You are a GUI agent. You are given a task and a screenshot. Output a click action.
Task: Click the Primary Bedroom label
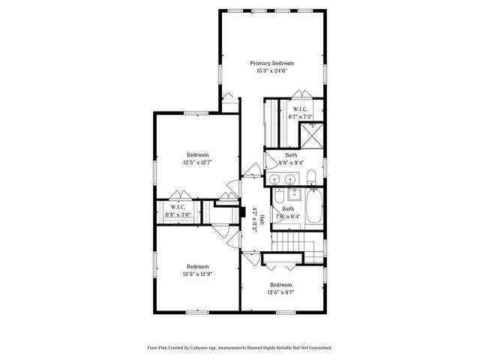272,64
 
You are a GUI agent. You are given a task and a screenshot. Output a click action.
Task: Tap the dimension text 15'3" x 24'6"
272,72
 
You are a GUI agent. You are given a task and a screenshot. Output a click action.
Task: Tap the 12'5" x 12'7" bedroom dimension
198,163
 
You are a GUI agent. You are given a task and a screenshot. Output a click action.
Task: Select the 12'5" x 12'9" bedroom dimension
198,274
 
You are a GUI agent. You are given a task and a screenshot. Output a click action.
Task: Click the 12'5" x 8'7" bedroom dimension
281,292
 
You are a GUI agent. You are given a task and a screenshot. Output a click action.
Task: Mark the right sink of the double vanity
289,178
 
